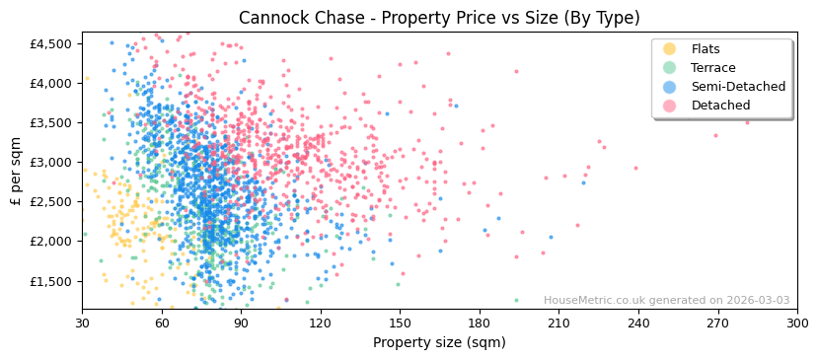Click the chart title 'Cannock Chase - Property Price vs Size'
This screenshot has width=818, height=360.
tap(439, 18)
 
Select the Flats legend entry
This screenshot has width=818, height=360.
tap(705, 49)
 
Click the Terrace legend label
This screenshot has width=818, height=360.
tap(712, 68)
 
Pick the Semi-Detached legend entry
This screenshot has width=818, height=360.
tap(738, 87)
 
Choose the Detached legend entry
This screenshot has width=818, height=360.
tap(719, 106)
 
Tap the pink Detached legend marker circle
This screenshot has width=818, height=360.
tap(670, 106)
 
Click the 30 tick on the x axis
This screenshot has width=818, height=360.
tap(82, 323)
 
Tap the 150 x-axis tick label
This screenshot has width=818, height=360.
tap(400, 323)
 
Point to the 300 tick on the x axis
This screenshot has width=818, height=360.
tap(796, 323)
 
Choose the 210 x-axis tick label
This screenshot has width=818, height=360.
tap(558, 323)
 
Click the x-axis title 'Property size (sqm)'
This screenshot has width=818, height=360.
tap(439, 342)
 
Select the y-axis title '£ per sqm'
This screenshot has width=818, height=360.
tap(16, 171)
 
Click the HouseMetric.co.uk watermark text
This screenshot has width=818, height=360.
tap(666, 301)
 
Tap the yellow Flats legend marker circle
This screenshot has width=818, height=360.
tap(670, 49)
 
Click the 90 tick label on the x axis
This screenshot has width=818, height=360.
tap(241, 323)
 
